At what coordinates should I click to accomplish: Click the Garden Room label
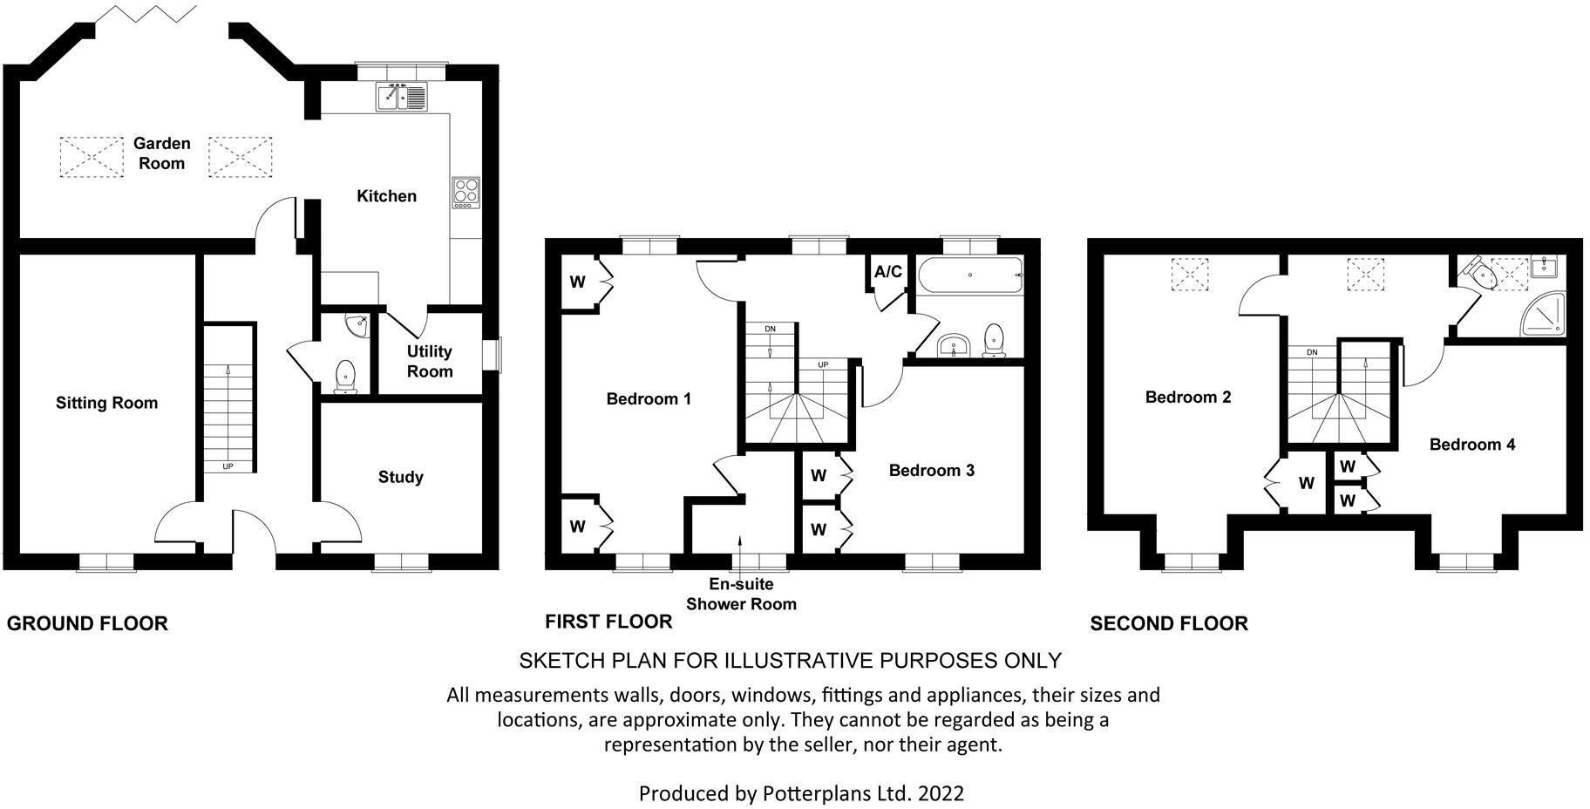161,153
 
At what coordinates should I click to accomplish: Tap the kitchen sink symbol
402,96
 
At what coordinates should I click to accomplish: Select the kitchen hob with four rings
466,192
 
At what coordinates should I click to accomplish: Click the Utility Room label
430,361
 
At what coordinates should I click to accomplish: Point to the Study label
400,477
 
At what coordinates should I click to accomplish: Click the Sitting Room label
106,403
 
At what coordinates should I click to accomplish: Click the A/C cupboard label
887,272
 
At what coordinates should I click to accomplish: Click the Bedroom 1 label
649,399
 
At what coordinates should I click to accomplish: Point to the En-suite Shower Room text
741,595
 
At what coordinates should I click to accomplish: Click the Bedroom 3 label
931,471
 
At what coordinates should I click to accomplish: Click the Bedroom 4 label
1471,445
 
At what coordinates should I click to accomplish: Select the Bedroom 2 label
1187,398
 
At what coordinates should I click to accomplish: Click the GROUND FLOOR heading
87,623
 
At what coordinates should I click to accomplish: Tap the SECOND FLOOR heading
1168,623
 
